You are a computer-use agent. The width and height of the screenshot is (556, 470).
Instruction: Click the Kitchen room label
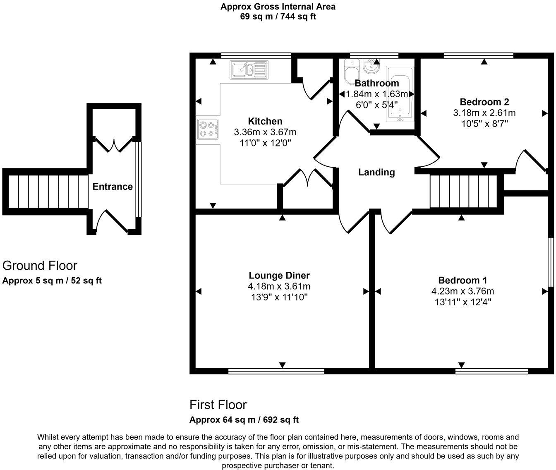(265, 121)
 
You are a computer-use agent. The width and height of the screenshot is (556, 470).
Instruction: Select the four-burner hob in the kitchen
(208, 128)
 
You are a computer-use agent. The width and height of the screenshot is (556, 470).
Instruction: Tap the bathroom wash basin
(371, 66)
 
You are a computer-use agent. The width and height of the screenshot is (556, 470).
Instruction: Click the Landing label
(376, 172)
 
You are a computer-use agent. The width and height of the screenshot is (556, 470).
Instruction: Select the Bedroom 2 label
(484, 102)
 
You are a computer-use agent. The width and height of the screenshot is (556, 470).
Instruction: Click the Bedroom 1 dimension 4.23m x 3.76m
(463, 291)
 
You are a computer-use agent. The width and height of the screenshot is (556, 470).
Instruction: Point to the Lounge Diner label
(279, 276)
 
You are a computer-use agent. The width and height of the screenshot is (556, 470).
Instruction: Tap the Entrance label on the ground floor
(113, 187)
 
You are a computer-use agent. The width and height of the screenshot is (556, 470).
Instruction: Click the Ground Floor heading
(40, 265)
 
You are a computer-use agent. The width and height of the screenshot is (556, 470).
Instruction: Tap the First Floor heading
(218, 404)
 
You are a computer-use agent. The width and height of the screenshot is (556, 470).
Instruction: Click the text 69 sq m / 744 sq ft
(278, 17)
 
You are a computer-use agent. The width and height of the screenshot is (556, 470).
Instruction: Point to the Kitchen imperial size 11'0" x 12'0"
(265, 143)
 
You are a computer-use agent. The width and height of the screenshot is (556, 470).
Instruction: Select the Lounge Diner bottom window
(276, 371)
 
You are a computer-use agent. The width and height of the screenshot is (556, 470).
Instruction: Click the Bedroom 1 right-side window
(551, 261)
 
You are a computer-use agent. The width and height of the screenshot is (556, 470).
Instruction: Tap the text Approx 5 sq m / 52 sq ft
(52, 281)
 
